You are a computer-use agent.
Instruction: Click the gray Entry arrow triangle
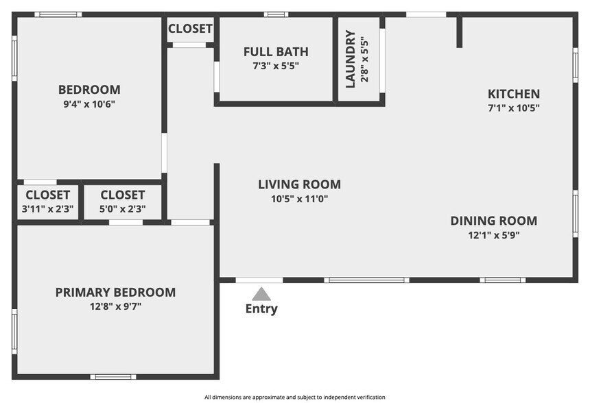click(261, 294)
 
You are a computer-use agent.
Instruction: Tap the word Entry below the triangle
click(261, 308)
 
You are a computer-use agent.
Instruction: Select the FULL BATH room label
click(276, 52)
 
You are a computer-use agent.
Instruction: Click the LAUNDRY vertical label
click(351, 59)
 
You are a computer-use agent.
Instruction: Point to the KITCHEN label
click(514, 94)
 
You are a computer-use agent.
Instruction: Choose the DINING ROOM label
click(494, 221)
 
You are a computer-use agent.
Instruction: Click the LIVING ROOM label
click(300, 184)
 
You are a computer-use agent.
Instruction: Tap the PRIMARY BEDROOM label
click(115, 292)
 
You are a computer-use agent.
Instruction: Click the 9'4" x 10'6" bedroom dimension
click(89, 104)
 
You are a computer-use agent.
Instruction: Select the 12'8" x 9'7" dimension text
click(115, 307)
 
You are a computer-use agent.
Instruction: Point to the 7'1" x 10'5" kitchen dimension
click(514, 108)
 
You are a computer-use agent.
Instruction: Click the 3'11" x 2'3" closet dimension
click(47, 209)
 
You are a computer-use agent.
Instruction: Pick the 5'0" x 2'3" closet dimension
click(123, 209)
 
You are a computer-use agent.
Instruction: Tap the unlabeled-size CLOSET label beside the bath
click(190, 29)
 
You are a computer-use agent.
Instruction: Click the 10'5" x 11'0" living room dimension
click(300, 199)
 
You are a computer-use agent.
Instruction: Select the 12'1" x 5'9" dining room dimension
click(494, 235)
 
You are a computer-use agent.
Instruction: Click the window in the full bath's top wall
click(276, 14)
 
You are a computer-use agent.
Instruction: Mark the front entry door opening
click(259, 280)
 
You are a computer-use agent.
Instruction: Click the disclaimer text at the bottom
click(294, 397)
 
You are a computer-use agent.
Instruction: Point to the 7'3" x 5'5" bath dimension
click(276, 66)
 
